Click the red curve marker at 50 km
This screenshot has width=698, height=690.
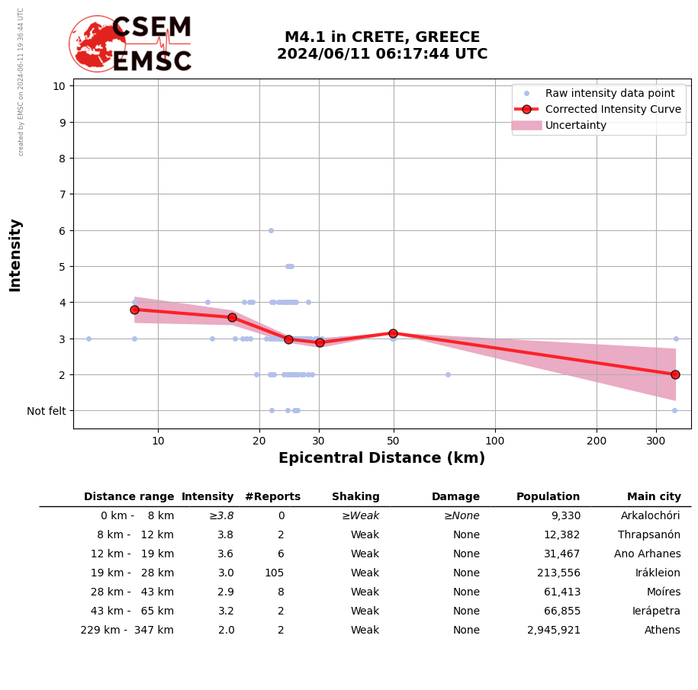coord(393,333)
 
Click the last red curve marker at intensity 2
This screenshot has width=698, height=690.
coord(675,374)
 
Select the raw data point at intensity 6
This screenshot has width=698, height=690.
coord(271,230)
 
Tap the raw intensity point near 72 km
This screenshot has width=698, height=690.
coord(448,374)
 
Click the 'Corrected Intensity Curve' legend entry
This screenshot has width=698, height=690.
coord(613,109)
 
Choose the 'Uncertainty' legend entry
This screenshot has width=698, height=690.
coord(575,125)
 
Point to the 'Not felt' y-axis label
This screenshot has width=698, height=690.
coord(47,411)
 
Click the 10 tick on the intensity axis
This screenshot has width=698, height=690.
coord(59,85)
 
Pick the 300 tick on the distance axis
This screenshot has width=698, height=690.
coord(656,441)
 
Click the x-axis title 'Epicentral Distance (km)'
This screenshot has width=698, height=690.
coord(381,458)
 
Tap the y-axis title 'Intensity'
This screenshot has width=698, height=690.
coord(15,255)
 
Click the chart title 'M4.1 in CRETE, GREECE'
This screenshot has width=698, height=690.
coord(382,37)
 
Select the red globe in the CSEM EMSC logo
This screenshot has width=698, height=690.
coord(97,44)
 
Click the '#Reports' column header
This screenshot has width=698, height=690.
coord(272,497)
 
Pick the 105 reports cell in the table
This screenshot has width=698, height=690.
coord(274,573)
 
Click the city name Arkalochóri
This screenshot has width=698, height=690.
coord(650,516)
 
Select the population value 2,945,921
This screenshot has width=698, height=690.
coord(553,631)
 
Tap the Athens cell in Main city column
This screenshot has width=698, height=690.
coord(662,631)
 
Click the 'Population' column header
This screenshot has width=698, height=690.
coord(548,497)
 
